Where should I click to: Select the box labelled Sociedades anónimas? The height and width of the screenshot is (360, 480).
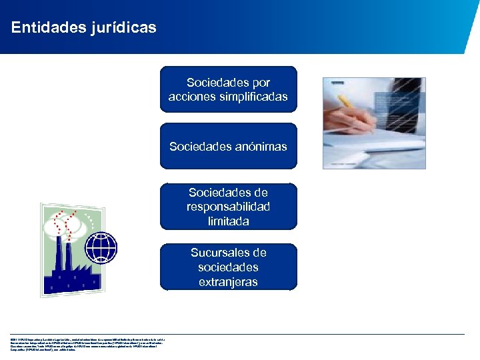click(229, 146)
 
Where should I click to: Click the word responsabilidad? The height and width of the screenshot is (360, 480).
click(229, 207)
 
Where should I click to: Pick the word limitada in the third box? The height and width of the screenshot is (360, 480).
click(229, 221)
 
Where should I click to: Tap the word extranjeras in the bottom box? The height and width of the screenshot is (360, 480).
click(229, 281)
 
